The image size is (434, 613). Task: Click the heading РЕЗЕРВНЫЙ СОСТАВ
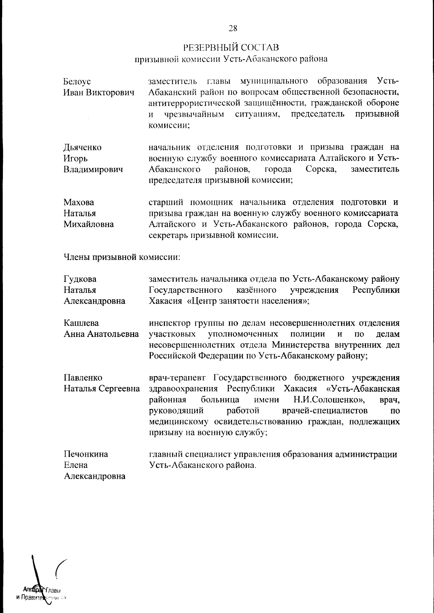click(231, 48)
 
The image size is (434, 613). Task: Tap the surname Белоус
click(77, 82)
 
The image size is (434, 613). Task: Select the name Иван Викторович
click(99, 92)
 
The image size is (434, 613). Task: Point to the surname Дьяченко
click(82, 147)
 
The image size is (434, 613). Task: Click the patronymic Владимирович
click(93, 169)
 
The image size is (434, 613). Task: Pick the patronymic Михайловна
click(89, 224)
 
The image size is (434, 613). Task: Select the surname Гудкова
click(80, 279)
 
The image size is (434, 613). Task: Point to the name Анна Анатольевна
click(101, 334)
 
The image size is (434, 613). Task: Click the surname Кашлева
click(81, 323)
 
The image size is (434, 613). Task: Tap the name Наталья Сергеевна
click(102, 389)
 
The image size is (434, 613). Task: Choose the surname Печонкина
click(86, 454)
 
